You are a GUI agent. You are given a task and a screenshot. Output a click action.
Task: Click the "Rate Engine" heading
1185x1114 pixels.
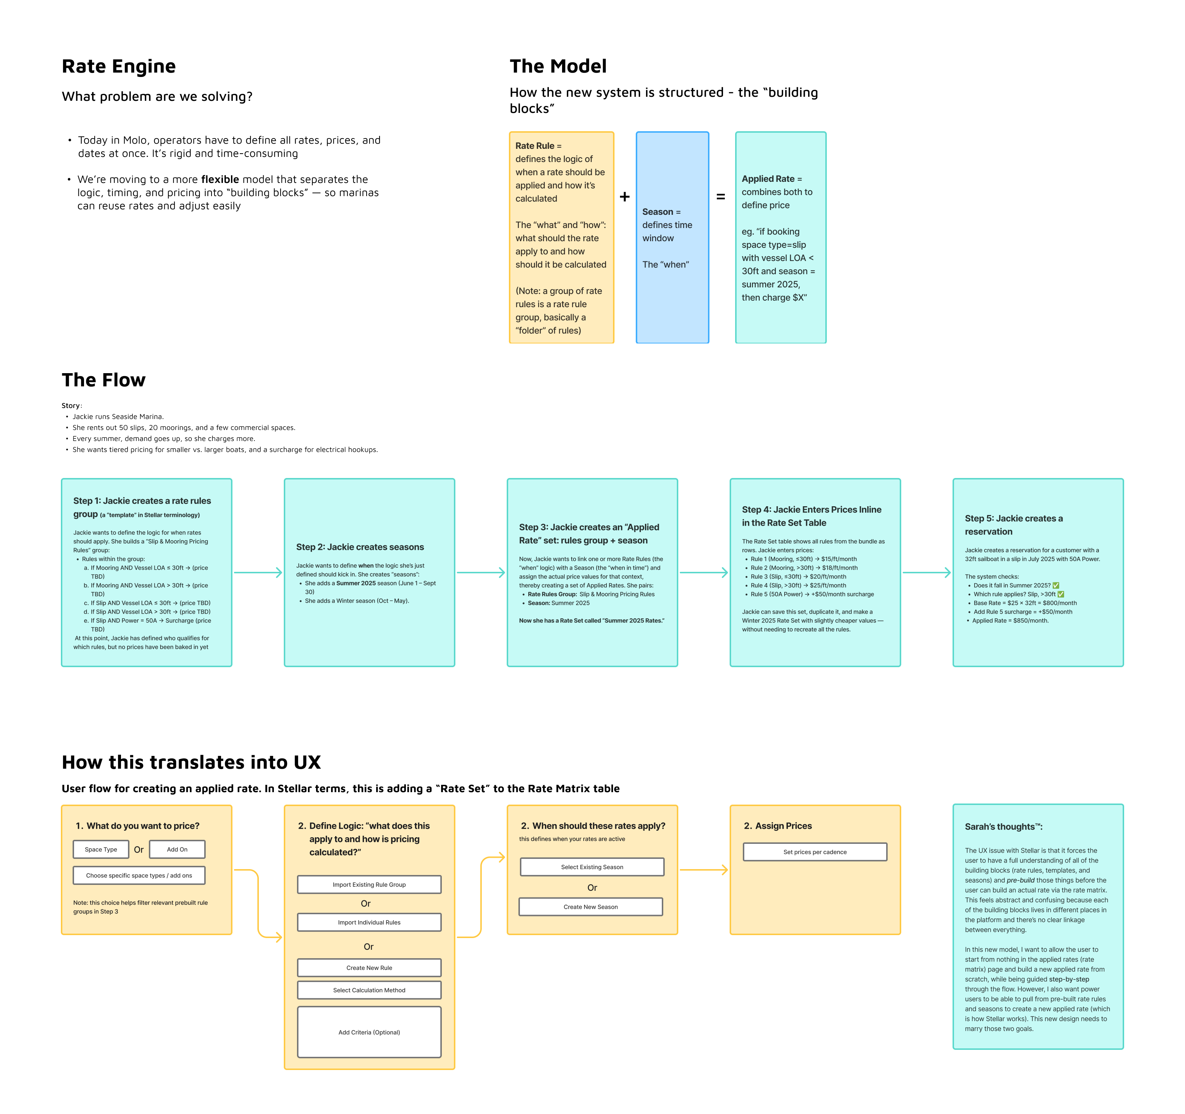[119, 66]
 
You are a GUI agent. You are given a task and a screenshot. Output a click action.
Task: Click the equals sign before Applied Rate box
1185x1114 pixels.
[721, 197]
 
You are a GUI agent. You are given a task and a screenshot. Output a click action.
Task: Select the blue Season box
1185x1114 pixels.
[672, 237]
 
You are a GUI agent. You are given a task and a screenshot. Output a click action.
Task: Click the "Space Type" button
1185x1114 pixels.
[101, 849]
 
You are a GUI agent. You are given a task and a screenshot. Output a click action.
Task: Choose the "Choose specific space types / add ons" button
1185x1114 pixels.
[139, 876]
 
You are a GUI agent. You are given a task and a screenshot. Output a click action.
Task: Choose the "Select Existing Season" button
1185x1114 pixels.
[592, 867]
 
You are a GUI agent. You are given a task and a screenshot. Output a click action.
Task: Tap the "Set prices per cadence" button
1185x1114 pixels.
[815, 852]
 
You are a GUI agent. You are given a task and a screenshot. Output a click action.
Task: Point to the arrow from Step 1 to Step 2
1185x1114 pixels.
[258, 573]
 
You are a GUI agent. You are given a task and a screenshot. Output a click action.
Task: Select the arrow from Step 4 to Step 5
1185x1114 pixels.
[927, 573]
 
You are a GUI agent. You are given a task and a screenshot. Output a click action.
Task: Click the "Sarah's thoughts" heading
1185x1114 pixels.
[1003, 827]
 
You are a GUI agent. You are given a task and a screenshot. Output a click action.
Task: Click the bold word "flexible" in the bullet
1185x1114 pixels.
[220, 179]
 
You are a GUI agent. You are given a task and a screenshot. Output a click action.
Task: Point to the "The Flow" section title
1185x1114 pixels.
[104, 380]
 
